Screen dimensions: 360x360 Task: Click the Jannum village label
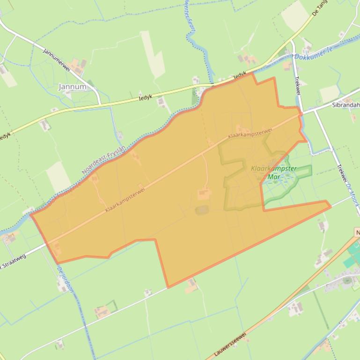[x=73, y=87]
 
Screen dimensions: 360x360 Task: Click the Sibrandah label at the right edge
[x=345, y=105]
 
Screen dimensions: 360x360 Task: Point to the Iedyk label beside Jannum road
[x=146, y=98]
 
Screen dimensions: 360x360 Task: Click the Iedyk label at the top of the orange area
[x=240, y=74]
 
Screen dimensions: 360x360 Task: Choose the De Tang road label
[x=322, y=9]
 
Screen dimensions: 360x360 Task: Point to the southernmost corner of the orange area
[x=168, y=287]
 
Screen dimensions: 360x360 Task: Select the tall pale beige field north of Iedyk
[x=153, y=54]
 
